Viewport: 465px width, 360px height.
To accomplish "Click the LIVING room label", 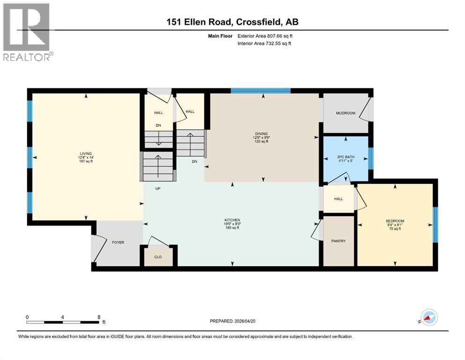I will (x=85, y=153).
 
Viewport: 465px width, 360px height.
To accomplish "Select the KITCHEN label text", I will (x=232, y=220).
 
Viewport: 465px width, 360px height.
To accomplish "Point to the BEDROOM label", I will (x=395, y=221).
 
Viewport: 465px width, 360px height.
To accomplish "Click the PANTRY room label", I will (x=338, y=241).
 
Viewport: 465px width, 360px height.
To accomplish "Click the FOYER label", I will (x=118, y=243).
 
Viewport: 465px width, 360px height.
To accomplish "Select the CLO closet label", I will (x=158, y=256).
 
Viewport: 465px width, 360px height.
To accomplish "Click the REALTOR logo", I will (x=27, y=32).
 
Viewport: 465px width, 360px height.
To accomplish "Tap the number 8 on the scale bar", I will (x=99, y=317).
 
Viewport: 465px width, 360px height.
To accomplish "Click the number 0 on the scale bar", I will (x=27, y=317).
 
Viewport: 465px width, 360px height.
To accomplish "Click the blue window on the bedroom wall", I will (x=435, y=225).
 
